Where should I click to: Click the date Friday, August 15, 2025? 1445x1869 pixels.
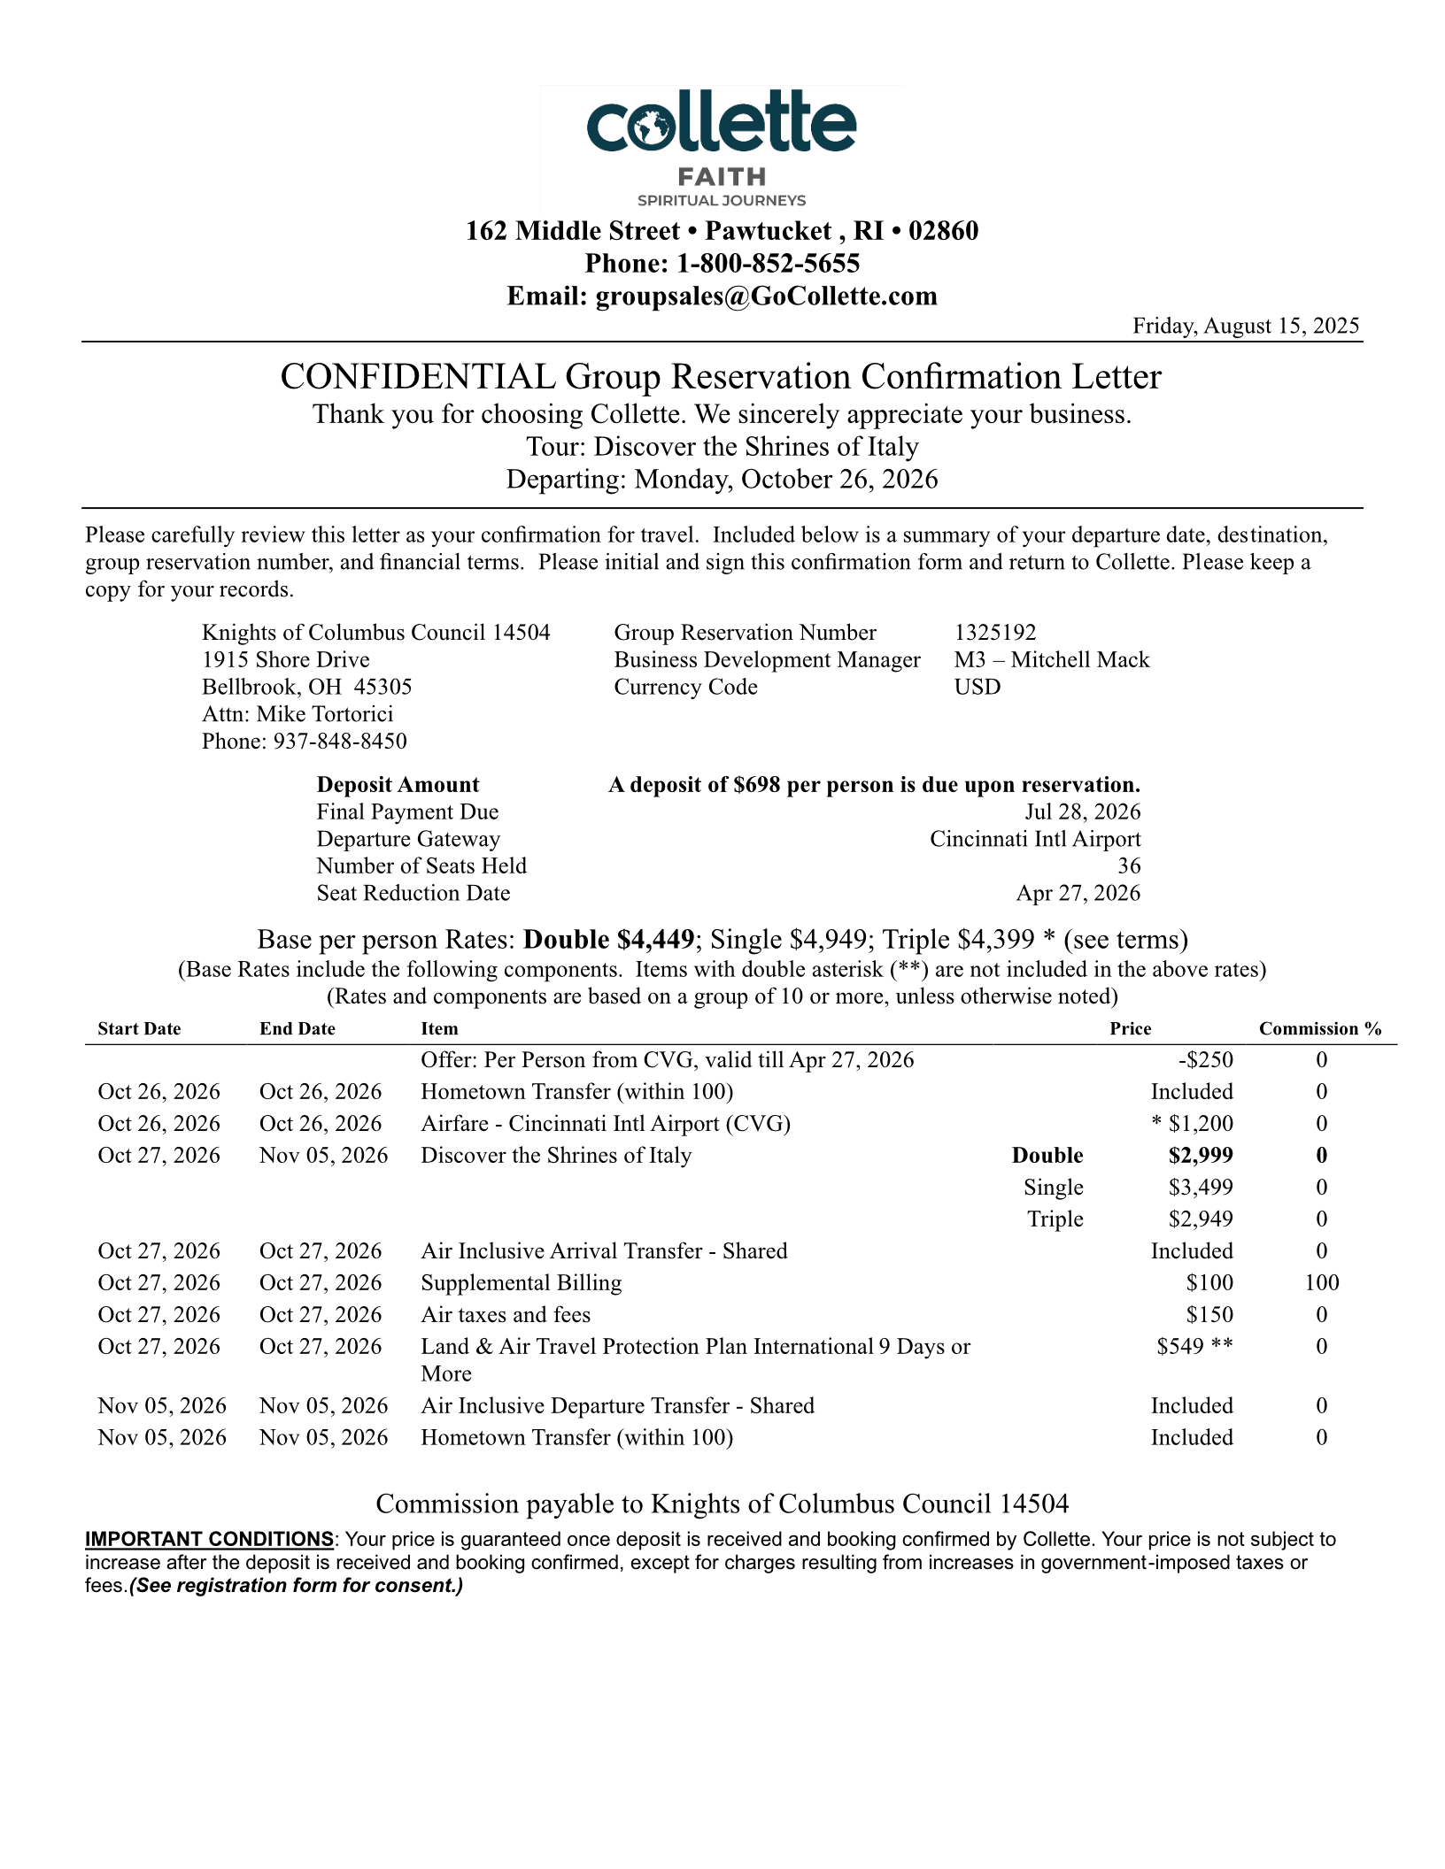(1246, 326)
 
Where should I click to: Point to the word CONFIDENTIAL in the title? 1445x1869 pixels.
(418, 377)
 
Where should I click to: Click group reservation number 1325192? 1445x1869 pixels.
(995, 633)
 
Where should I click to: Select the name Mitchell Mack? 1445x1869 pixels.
(1080, 660)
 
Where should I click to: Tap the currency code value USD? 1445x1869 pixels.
(977, 688)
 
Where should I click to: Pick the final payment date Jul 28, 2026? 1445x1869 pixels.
(1082, 812)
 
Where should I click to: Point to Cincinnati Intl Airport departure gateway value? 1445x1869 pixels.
(1035, 839)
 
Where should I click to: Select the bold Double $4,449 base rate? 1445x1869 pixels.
(608, 939)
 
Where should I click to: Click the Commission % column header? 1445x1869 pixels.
(1320, 1029)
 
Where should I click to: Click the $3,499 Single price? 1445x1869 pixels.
(1201, 1188)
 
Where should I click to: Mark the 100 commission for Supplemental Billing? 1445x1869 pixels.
(1321, 1283)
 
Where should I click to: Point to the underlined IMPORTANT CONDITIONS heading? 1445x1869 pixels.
(209, 1539)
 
